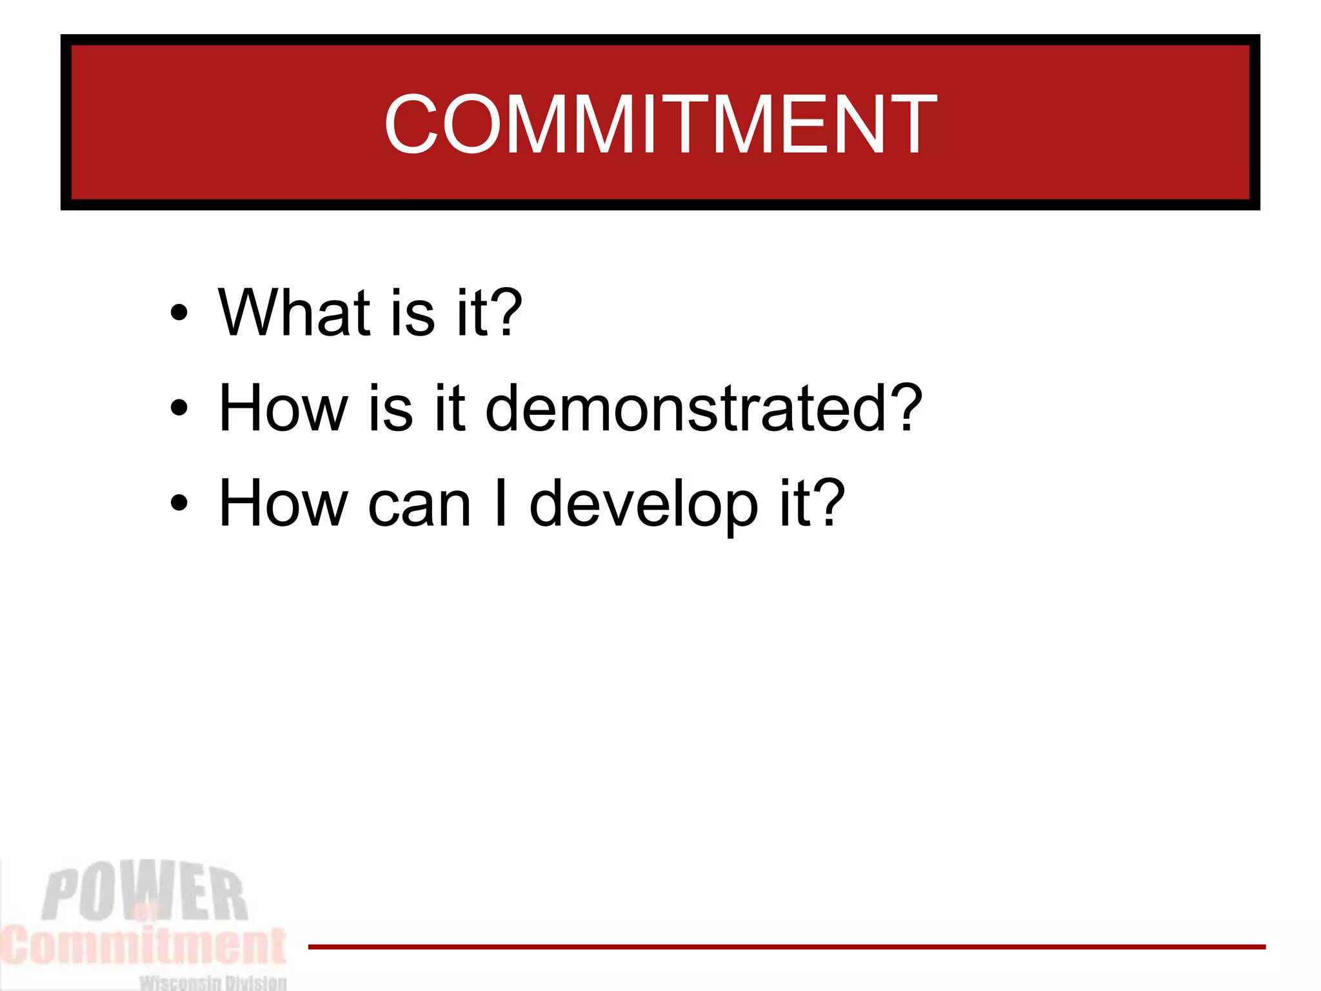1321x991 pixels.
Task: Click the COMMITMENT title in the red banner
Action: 660,124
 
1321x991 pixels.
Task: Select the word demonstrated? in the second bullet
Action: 704,408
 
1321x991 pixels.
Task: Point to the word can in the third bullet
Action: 419,505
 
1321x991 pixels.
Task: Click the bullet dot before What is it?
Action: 179,314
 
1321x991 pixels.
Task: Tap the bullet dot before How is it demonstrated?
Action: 179,408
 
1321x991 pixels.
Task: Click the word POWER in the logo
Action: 144,894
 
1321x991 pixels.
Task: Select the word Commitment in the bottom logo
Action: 143,946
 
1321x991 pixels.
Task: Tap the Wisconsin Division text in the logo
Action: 213,983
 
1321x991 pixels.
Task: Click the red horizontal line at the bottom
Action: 787,947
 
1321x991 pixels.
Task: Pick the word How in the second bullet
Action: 283,408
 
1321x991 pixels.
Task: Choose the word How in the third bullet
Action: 283,504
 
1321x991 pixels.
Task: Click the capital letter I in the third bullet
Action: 500,504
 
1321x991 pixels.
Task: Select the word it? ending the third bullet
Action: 812,504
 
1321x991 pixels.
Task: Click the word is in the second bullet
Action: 391,408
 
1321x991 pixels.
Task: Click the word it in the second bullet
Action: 450,408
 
